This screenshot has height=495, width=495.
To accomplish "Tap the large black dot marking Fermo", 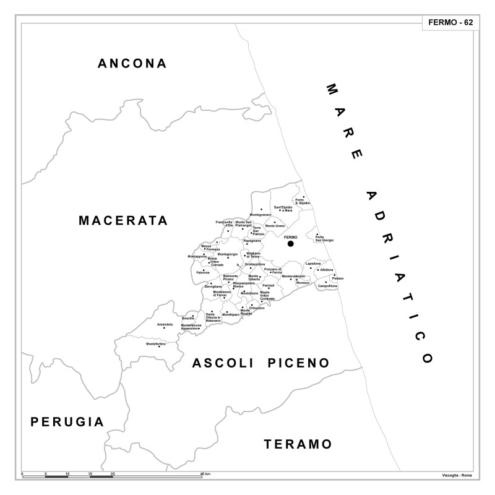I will click(x=290, y=244).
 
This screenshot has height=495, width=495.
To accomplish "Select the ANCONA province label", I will click(x=133, y=63).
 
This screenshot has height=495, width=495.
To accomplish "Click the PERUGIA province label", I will click(x=67, y=422).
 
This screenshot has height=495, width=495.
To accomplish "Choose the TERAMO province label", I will click(x=298, y=444).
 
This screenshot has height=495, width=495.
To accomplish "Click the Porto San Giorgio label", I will click(x=324, y=239).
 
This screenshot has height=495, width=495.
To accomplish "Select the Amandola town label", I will click(x=165, y=324).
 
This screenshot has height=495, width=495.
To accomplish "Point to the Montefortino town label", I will click(x=156, y=343).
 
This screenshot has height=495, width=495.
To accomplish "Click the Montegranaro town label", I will click(x=260, y=214).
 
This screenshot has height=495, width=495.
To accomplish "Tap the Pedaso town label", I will click(x=337, y=278).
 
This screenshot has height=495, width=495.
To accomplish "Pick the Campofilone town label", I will click(x=328, y=286).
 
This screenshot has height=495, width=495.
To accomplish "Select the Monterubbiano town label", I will click(x=293, y=276).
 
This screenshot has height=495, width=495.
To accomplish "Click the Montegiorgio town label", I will click(x=228, y=254).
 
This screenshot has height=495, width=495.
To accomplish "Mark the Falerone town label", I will click(x=203, y=272).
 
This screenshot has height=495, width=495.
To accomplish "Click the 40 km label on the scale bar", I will click(x=205, y=473).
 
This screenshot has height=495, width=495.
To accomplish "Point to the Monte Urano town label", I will click(x=275, y=225).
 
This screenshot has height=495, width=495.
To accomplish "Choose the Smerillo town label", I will click(x=188, y=318).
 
